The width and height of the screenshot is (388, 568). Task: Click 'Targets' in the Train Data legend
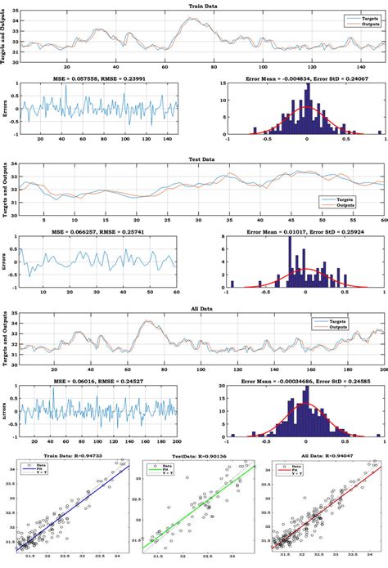coord(361,16)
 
